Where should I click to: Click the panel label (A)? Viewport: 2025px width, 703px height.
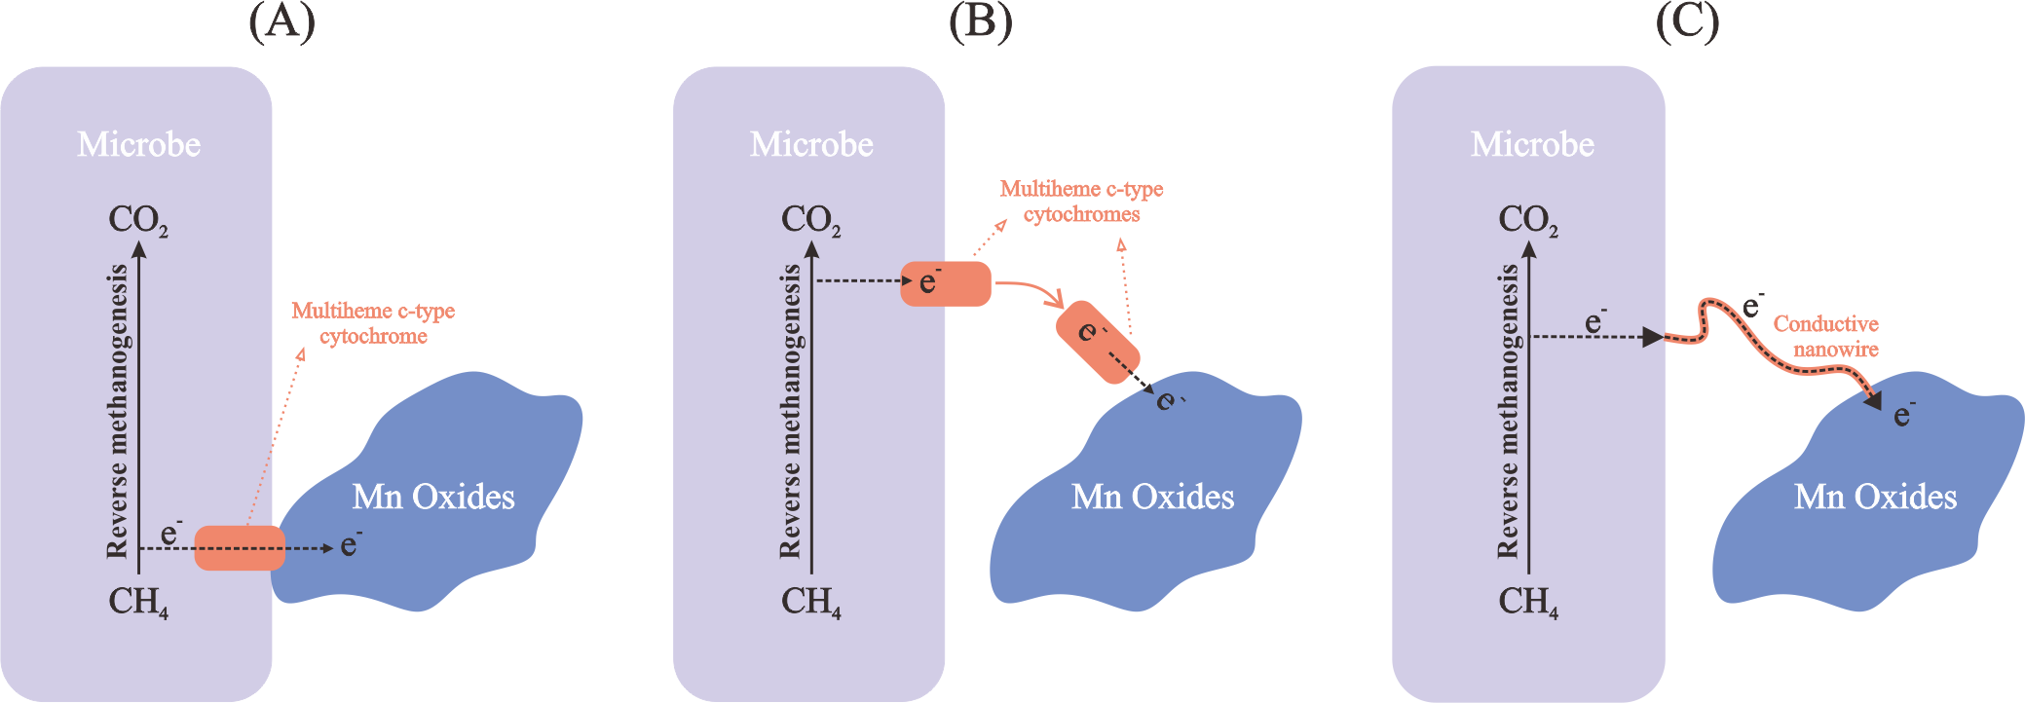tap(281, 21)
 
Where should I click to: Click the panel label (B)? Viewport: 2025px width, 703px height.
tap(980, 21)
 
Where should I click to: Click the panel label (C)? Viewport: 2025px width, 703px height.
tap(1687, 21)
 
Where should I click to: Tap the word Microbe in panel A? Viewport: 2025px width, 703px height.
tap(139, 145)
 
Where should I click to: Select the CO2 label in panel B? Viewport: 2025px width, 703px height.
tap(810, 220)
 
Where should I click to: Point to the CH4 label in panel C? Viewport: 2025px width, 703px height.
tap(1527, 602)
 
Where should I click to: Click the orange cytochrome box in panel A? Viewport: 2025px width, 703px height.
tap(240, 547)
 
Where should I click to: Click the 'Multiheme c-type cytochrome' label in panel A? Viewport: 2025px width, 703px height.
tap(373, 323)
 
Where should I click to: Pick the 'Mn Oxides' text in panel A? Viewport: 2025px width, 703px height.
tap(433, 498)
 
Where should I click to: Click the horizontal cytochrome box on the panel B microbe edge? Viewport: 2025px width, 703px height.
tap(945, 283)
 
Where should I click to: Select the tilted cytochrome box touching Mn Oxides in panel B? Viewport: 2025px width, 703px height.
tap(1098, 342)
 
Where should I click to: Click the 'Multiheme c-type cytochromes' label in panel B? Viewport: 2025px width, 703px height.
tap(1081, 202)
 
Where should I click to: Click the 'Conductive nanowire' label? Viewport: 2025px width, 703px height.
tap(1826, 336)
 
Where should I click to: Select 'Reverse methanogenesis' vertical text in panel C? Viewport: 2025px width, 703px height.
tap(1508, 410)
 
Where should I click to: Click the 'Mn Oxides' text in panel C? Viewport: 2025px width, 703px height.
tap(1875, 498)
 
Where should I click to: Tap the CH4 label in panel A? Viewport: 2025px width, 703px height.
tap(137, 602)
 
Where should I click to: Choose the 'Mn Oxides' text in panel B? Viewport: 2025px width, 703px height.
tap(1152, 498)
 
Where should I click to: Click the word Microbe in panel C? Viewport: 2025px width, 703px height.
tap(1532, 145)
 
